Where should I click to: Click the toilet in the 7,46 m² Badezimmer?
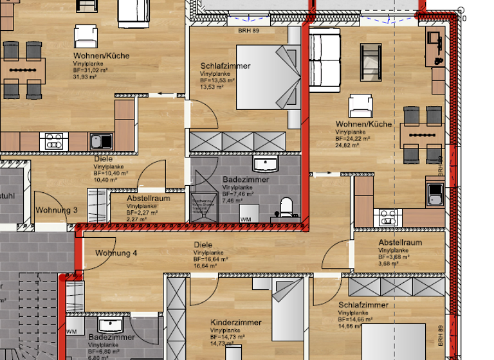(286, 206)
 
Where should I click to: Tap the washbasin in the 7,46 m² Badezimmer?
(265, 164)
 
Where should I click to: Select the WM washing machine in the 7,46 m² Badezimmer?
(246, 215)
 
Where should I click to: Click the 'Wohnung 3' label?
(57, 210)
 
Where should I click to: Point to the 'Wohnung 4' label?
(116, 253)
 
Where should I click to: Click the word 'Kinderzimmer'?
(236, 322)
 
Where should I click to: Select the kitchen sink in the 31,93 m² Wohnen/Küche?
(101, 140)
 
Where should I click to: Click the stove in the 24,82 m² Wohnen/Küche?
(387, 217)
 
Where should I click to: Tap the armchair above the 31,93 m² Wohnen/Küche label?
(85, 36)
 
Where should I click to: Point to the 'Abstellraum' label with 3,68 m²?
(400, 242)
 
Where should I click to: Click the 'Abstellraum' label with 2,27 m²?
(148, 199)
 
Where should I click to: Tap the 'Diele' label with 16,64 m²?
(203, 245)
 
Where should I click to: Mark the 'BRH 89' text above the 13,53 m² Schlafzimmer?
(248, 30)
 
